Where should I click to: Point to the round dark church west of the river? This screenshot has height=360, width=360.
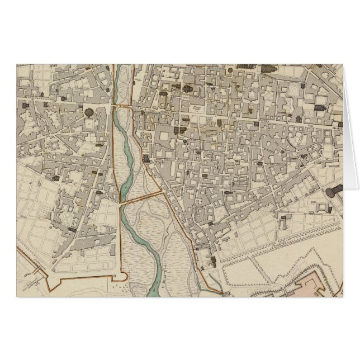click(89, 112)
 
